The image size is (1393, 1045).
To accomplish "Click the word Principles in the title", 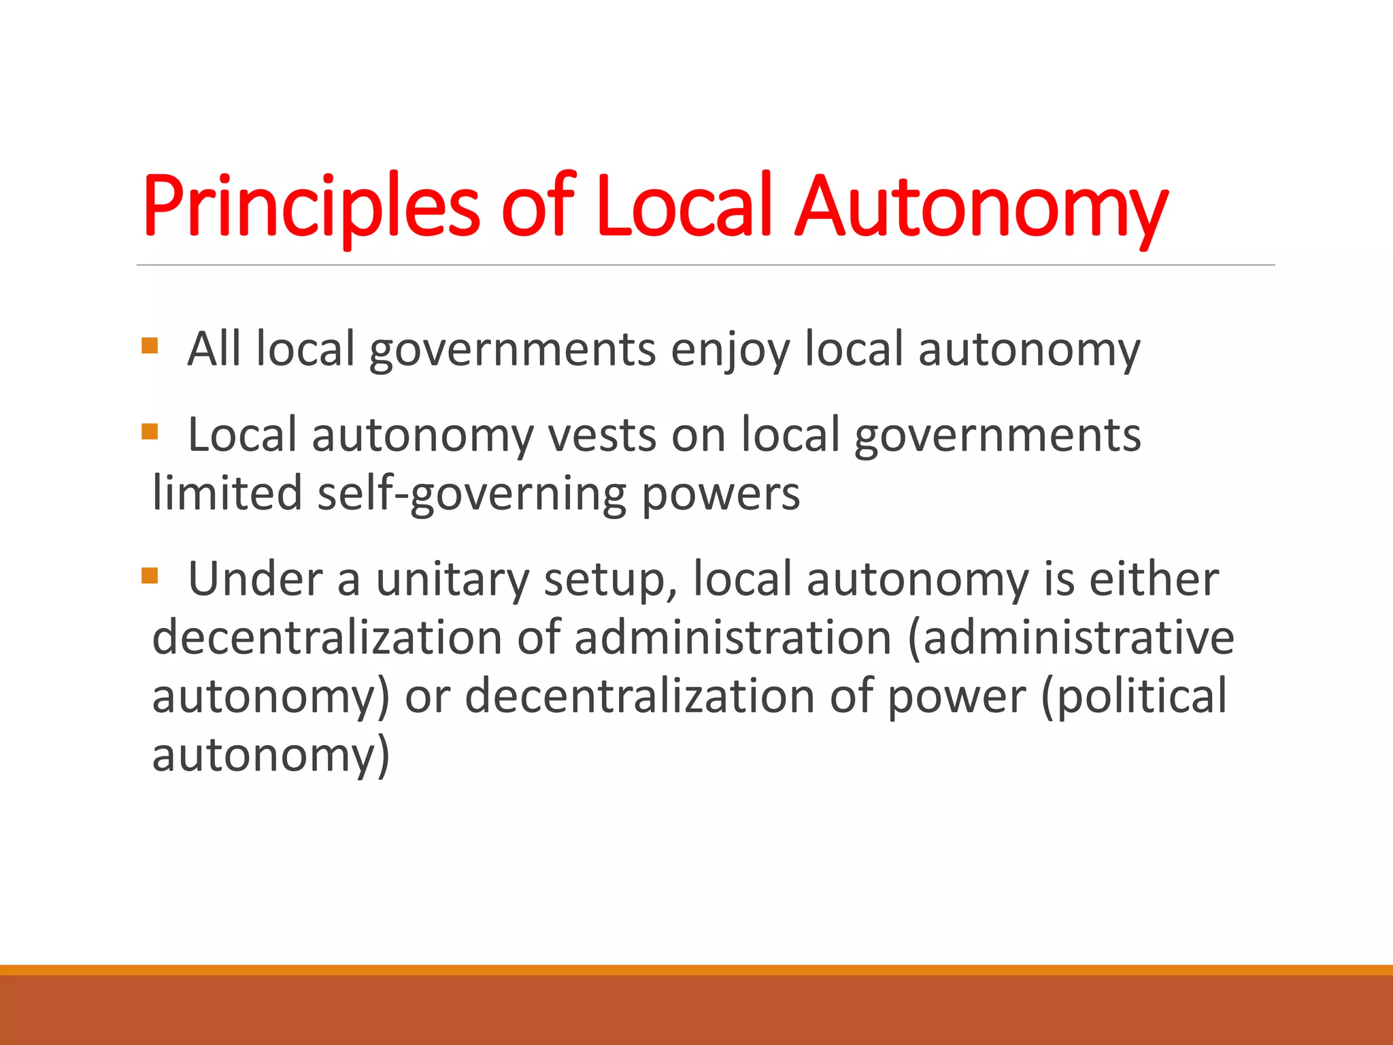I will [311, 205].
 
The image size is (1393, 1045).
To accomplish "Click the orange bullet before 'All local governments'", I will [150, 346].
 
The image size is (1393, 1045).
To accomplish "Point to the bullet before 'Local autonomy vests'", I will [150, 432].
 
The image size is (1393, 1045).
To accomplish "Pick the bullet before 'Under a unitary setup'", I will [150, 577].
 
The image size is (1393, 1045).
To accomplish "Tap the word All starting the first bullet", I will [214, 350].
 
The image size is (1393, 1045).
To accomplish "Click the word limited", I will [227, 493].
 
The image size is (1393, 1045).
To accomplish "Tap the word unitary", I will [452, 580].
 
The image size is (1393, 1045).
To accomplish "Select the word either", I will [1154, 580].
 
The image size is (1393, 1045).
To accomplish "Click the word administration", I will [733, 638].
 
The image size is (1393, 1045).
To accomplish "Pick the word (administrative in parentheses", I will [1071, 638].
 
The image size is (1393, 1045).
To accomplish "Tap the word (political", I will [1134, 697].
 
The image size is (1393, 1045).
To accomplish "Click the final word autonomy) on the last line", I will [271, 755].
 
